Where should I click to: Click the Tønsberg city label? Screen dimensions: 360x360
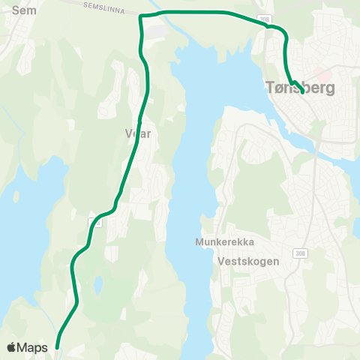300,88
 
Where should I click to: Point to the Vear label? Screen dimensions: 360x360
138,133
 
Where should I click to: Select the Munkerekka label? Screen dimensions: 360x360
224,242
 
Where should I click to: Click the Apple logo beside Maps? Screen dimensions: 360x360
13,347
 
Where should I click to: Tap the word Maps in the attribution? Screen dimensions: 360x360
34,347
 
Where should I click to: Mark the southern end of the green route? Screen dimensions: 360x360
57,348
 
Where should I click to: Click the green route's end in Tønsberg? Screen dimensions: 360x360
302,92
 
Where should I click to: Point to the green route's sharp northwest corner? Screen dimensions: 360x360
141,15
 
